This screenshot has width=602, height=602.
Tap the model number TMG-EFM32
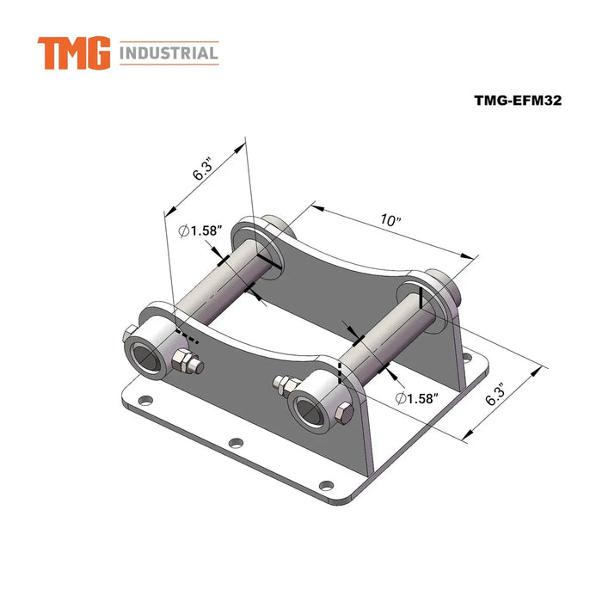pos(518,100)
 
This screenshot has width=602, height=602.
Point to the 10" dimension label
pos(390,221)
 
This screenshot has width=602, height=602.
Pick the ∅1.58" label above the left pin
pos(200,230)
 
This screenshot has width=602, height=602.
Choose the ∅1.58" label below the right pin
pos(418,398)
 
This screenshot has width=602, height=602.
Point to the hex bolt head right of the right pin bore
pos(341,415)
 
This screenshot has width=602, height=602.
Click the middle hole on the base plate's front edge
pos(236,443)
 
